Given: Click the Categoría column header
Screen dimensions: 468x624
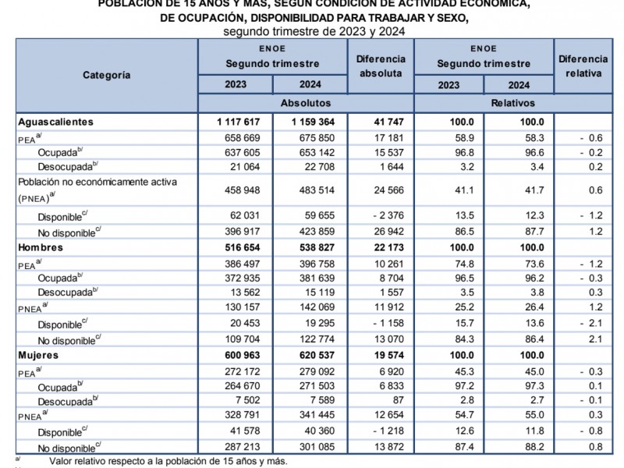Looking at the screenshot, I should (x=107, y=76).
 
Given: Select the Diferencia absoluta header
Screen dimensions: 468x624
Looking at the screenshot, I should (x=381, y=66).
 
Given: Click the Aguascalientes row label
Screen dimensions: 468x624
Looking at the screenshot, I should (x=55, y=122).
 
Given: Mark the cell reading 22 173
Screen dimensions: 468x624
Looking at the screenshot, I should (x=383, y=247).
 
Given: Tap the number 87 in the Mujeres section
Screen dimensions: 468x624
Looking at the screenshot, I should (x=398, y=400).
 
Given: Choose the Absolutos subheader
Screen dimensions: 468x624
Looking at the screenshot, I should (x=305, y=103).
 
